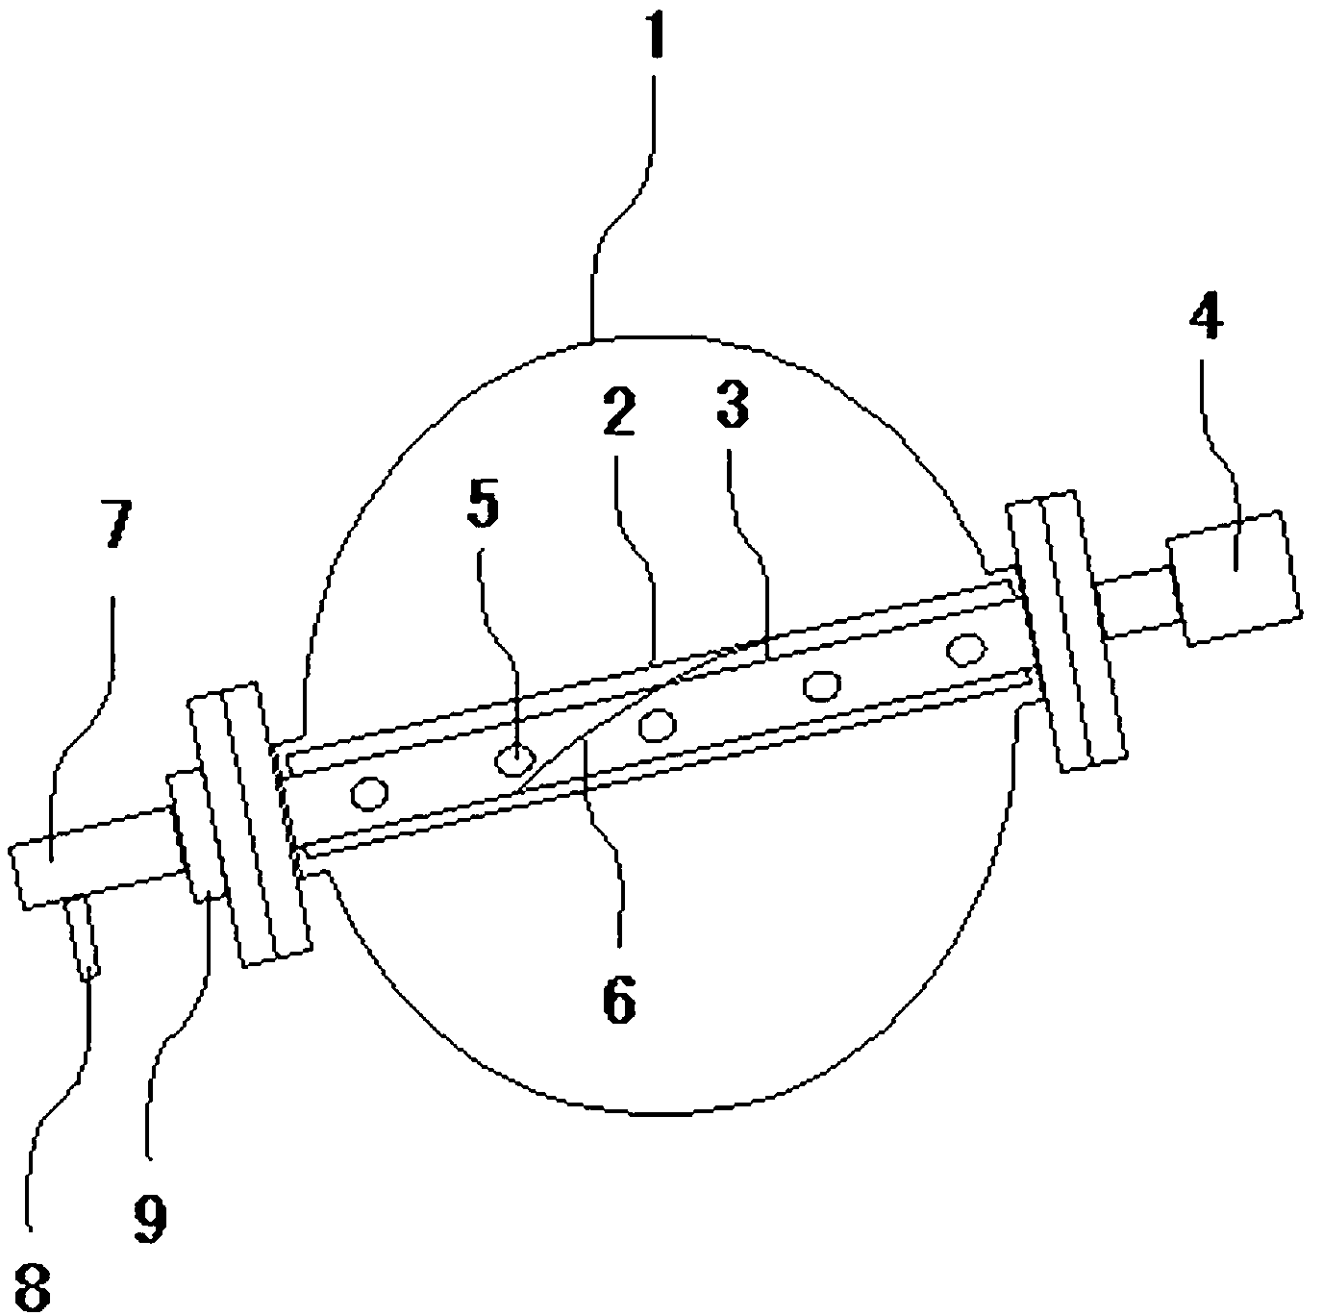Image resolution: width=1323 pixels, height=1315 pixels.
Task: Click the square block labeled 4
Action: (x=1235, y=576)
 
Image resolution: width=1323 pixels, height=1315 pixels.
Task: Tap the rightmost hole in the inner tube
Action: (x=963, y=649)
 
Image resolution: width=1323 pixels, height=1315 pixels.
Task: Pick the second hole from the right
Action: (x=820, y=685)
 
